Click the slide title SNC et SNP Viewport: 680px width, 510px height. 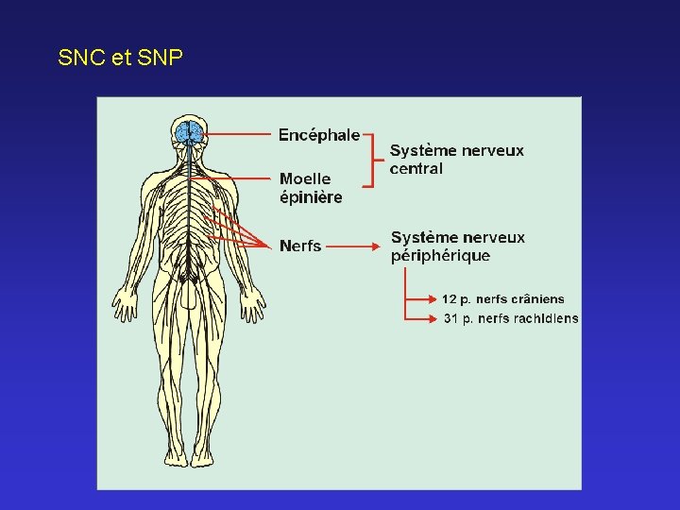120,58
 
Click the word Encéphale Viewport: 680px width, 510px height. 318,135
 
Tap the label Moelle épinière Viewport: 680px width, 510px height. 310,188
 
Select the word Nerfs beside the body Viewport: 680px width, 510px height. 300,246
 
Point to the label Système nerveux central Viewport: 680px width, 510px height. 456,159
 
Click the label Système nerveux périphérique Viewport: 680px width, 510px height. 457,246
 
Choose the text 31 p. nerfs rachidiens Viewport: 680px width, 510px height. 511,318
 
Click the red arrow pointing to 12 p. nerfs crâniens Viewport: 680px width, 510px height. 421,298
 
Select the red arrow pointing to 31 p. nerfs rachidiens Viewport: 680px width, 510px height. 421,318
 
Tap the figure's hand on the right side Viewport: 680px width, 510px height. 252,304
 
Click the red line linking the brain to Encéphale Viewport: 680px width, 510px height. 236,135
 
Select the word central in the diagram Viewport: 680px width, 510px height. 416,168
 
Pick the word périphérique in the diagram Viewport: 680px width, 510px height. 440,255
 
